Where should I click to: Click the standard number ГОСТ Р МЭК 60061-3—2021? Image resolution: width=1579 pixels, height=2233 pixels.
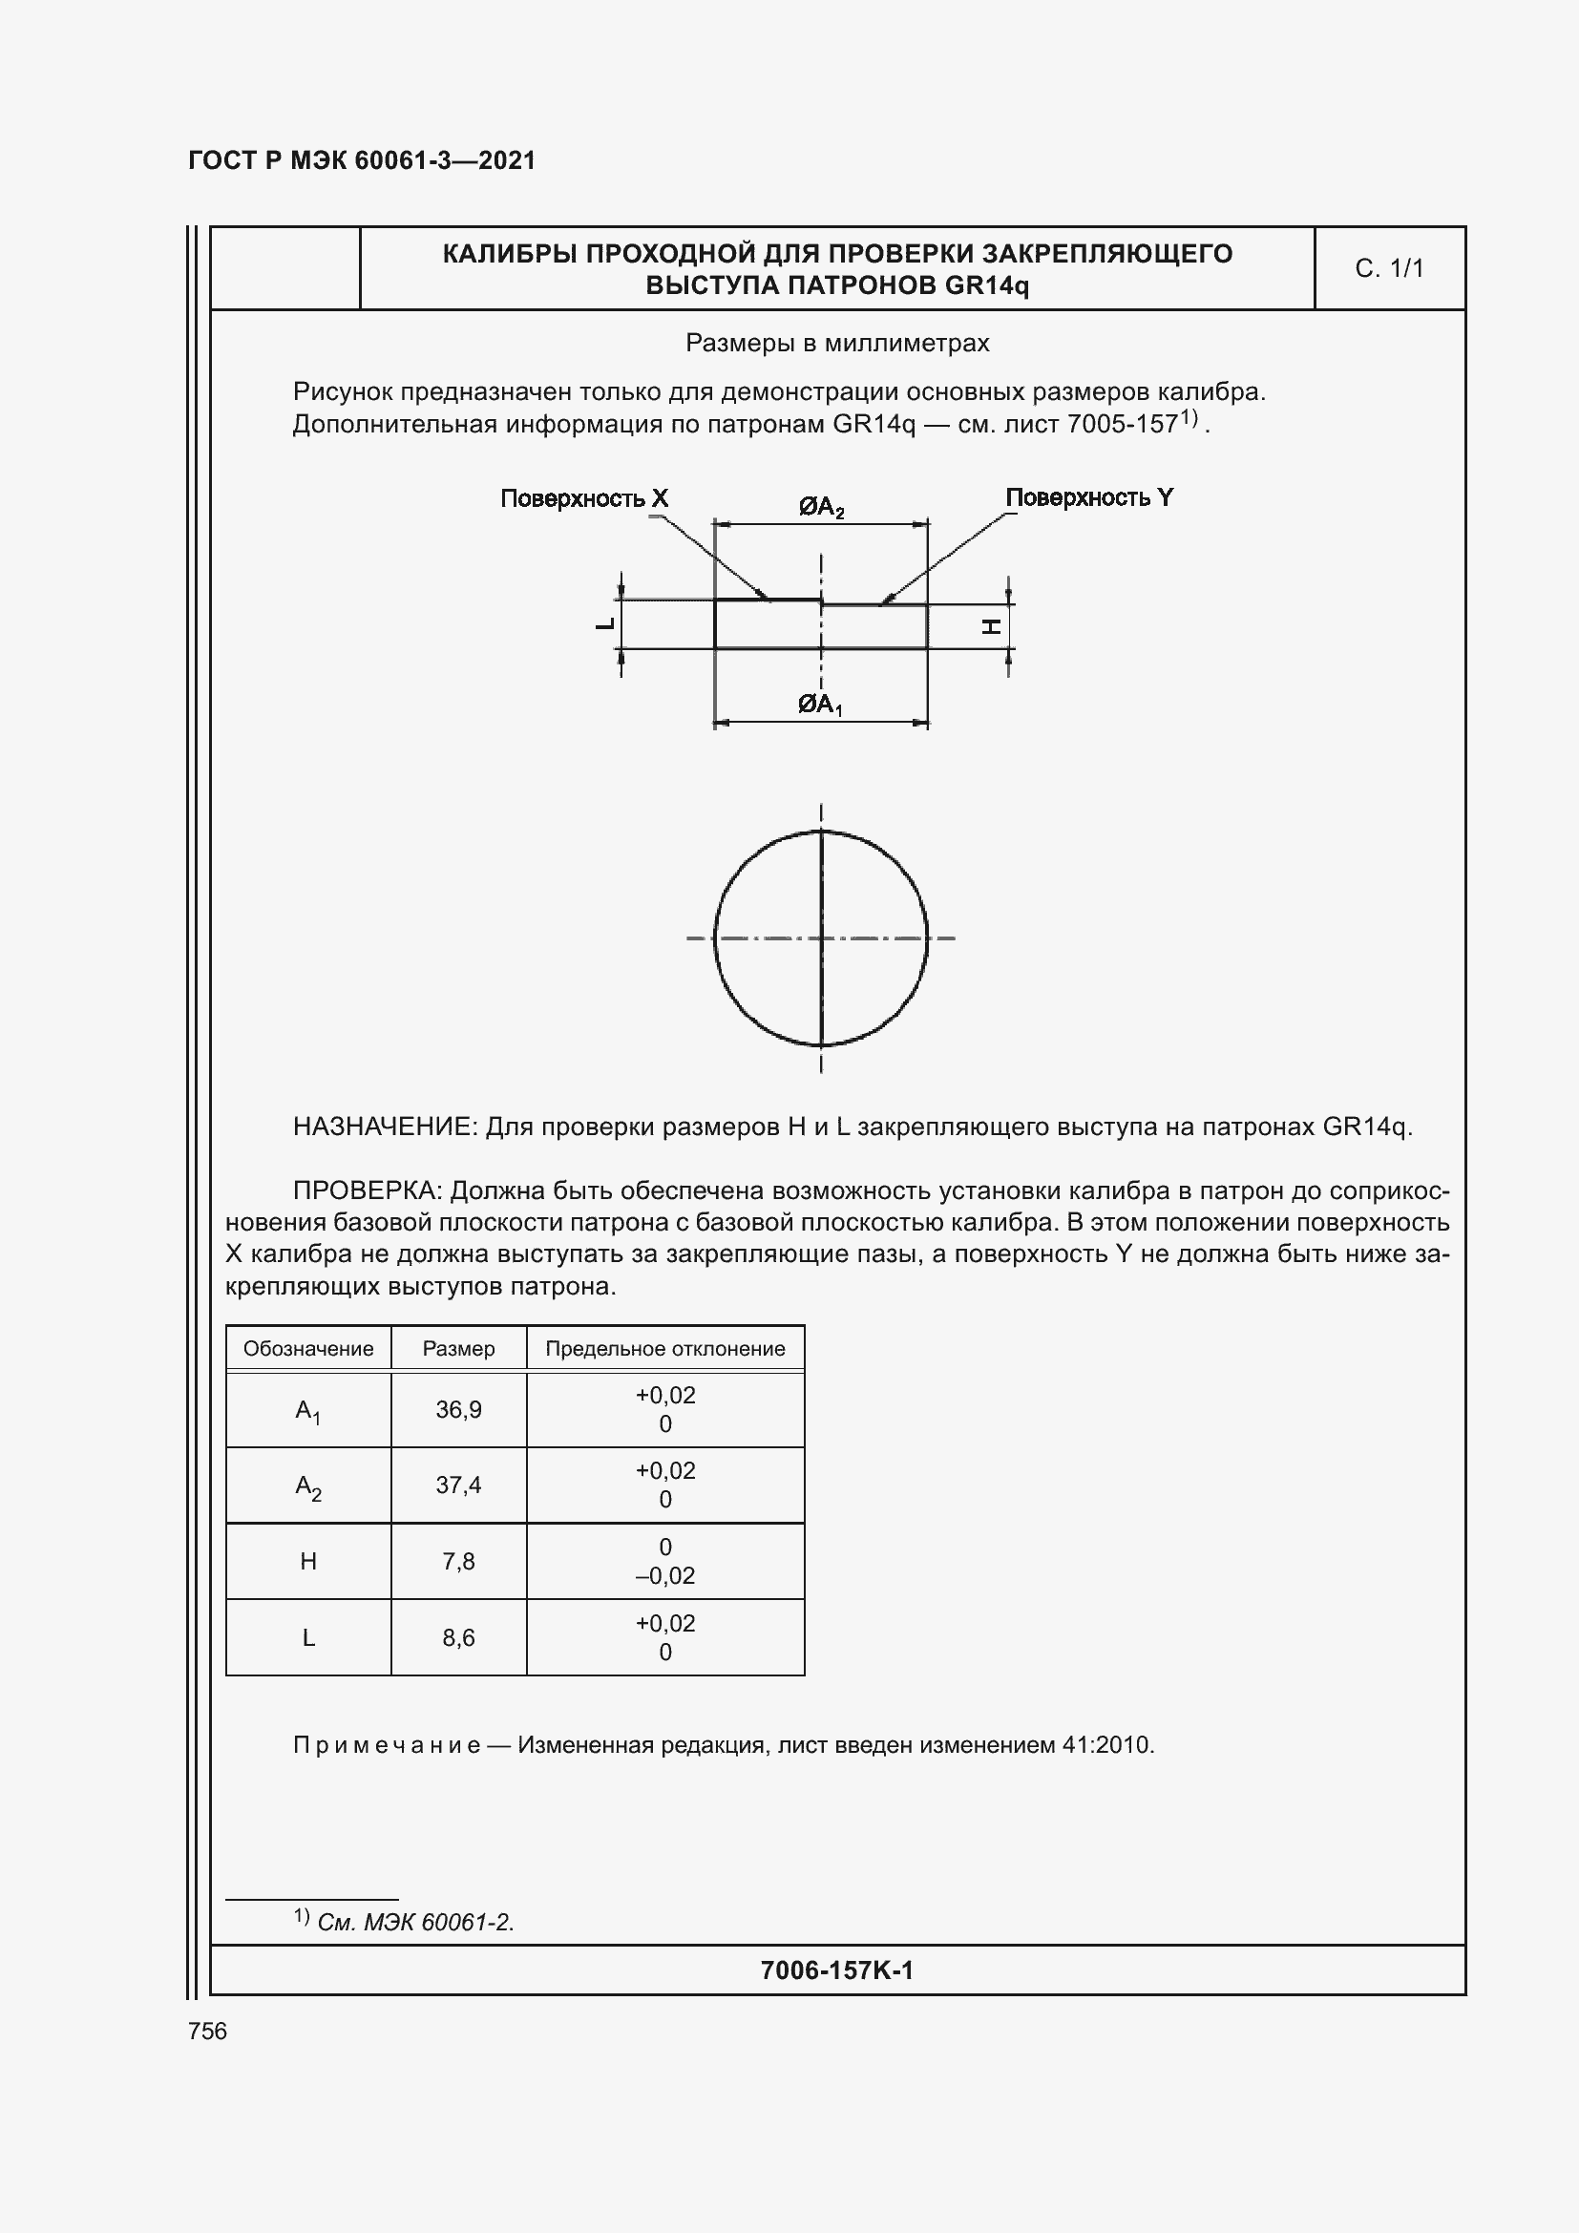pos(362,160)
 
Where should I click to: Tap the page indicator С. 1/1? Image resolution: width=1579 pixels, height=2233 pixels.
pos(1388,268)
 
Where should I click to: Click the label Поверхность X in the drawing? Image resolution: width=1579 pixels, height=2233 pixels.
pos(583,499)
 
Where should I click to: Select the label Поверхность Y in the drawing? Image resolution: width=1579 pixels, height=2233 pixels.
pos(1089,498)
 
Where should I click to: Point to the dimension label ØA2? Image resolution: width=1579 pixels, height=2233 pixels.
pos(822,507)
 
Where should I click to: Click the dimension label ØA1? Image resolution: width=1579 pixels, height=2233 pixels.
pos(820,705)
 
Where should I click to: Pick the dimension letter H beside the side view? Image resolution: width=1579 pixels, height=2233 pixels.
pos(991,627)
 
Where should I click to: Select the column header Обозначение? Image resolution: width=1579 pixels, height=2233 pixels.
pos(308,1349)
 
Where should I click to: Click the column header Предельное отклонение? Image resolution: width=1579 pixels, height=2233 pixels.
pos(665,1349)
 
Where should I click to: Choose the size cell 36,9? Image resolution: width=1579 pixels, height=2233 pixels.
pos(458,1409)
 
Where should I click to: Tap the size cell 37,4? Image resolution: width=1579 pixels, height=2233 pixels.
pos(458,1485)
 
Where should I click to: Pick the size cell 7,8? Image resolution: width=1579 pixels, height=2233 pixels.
pos(458,1561)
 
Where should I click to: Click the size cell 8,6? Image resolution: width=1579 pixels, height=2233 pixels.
pos(458,1638)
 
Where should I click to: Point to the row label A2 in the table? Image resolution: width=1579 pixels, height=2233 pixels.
pos(308,1486)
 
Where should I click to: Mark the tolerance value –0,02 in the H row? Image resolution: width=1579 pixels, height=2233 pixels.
pos(665,1575)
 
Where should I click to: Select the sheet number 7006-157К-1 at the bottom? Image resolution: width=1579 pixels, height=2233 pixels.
pos(836,1970)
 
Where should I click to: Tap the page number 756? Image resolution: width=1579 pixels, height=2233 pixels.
pos(207,2031)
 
